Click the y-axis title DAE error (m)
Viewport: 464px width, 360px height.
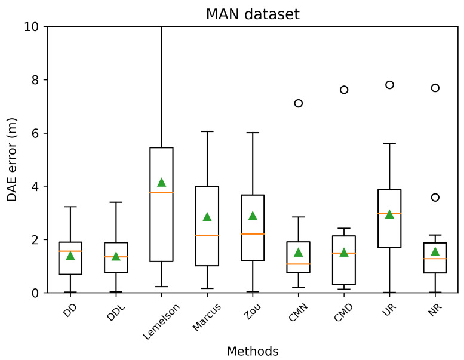pyautogui.click(x=13, y=159)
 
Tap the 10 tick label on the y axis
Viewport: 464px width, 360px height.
pyautogui.click(x=33, y=26)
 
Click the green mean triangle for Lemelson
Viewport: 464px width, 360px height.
pyautogui.click(x=161, y=182)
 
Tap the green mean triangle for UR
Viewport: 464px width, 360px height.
pyautogui.click(x=389, y=214)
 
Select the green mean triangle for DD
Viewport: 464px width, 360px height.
pyautogui.click(x=70, y=256)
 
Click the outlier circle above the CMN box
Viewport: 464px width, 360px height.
pyautogui.click(x=299, y=103)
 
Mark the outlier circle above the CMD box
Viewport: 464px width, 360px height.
pyautogui.click(x=344, y=90)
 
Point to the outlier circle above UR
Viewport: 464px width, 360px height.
pyautogui.click(x=389, y=85)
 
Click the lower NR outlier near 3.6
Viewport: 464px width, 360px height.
pyautogui.click(x=435, y=197)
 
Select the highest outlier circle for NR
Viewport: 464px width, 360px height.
pyautogui.click(x=435, y=88)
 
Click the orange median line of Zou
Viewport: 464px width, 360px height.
pyautogui.click(x=253, y=234)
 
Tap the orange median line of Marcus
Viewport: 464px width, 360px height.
pyautogui.click(x=207, y=235)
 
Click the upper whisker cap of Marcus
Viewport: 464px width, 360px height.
pyautogui.click(x=207, y=131)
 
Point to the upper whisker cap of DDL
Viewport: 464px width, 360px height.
pyautogui.click(x=116, y=202)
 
